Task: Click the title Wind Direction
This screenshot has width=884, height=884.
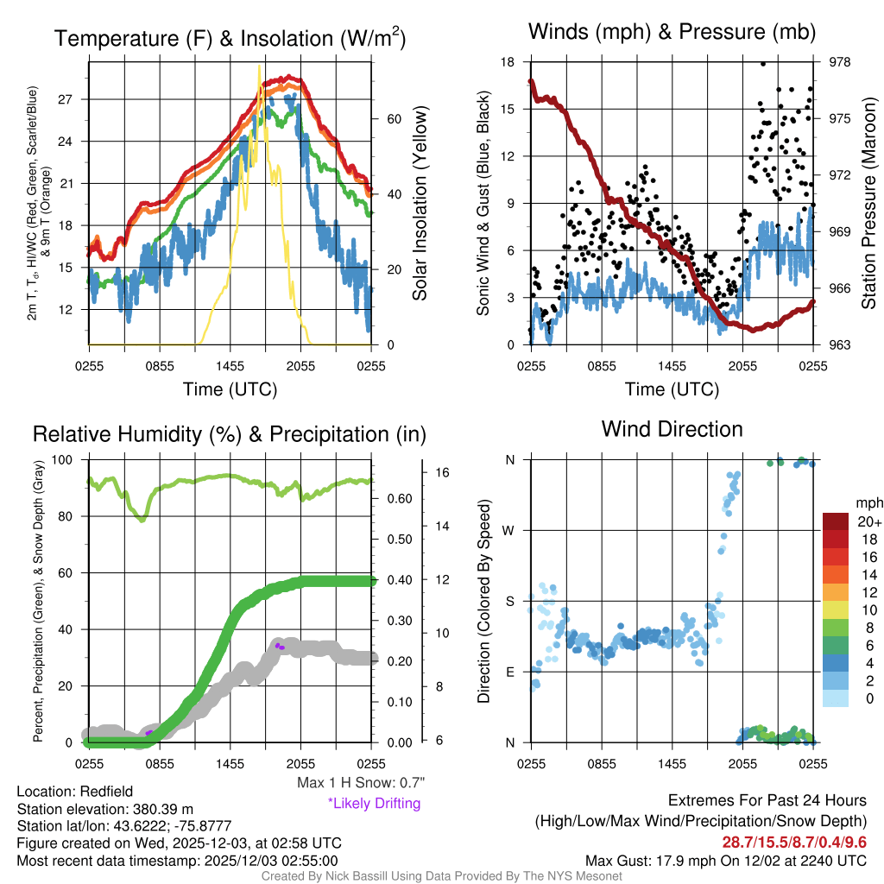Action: [672, 429]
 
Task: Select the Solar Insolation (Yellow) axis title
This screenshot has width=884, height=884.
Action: [420, 204]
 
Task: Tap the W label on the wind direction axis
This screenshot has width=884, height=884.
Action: [510, 530]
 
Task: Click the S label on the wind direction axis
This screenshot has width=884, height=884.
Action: [510, 601]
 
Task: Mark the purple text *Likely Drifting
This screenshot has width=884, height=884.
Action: [374, 803]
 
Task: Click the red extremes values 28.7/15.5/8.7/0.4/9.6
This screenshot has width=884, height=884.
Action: [794, 841]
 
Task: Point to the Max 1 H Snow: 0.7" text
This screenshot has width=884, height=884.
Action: [360, 783]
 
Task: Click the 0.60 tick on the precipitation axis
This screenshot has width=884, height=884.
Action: [396, 499]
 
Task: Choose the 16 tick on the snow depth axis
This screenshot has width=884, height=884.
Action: [443, 473]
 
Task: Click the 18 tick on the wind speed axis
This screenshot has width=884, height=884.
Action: [508, 62]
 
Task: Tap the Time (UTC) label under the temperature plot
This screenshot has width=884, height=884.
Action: [230, 389]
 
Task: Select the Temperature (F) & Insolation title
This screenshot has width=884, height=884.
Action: [230, 38]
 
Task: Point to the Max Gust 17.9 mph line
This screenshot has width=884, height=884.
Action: [725, 860]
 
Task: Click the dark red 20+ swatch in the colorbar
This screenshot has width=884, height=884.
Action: [838, 521]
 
